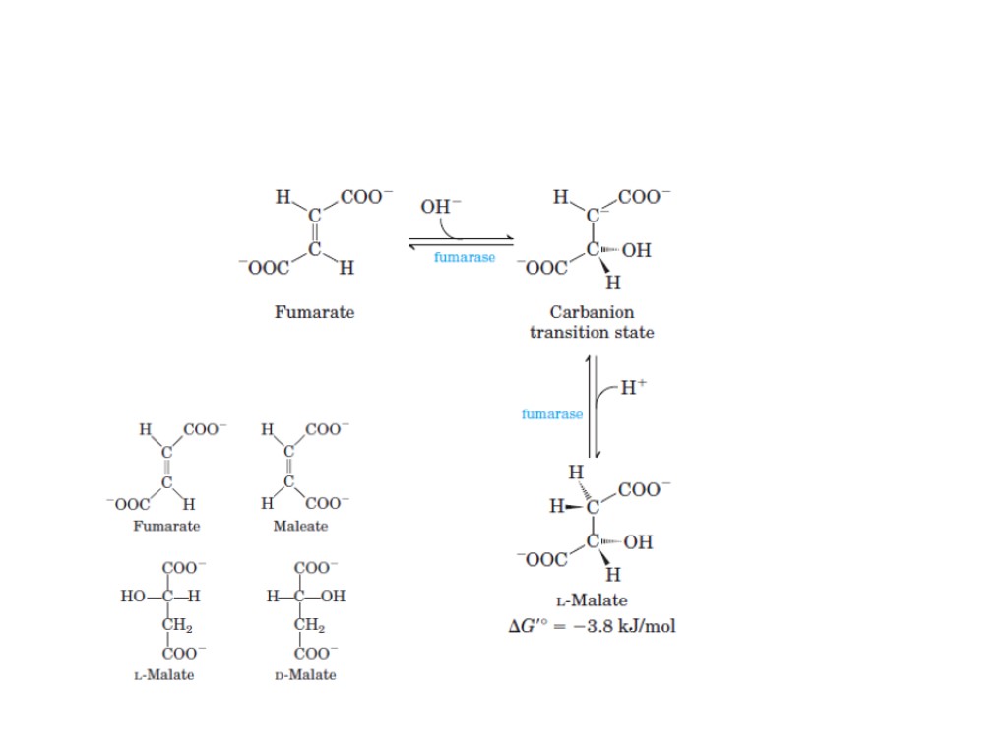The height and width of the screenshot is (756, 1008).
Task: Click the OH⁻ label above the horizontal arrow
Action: (439, 207)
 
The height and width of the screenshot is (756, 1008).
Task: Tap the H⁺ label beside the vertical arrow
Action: (634, 387)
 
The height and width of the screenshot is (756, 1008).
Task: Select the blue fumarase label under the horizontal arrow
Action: (465, 257)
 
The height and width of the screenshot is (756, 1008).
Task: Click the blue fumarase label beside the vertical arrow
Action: (551, 414)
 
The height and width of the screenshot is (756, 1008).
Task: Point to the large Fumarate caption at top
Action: (314, 312)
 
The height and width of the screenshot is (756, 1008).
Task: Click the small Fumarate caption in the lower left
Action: (166, 526)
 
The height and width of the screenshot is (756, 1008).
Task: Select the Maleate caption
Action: (300, 526)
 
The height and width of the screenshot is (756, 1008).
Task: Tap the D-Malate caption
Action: (305, 675)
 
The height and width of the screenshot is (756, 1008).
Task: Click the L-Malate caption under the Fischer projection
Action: (163, 675)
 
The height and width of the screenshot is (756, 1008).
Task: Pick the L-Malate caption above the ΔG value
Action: (592, 600)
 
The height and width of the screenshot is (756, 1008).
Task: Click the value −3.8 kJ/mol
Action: (628, 626)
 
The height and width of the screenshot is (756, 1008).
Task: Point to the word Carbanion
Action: (592, 312)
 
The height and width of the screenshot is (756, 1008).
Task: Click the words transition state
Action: (592, 332)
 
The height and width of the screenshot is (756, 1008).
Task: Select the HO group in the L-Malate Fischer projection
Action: (133, 597)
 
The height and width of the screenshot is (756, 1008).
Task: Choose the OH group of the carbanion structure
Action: (636, 250)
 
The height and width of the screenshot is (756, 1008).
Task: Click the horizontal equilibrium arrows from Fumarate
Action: (462, 241)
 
